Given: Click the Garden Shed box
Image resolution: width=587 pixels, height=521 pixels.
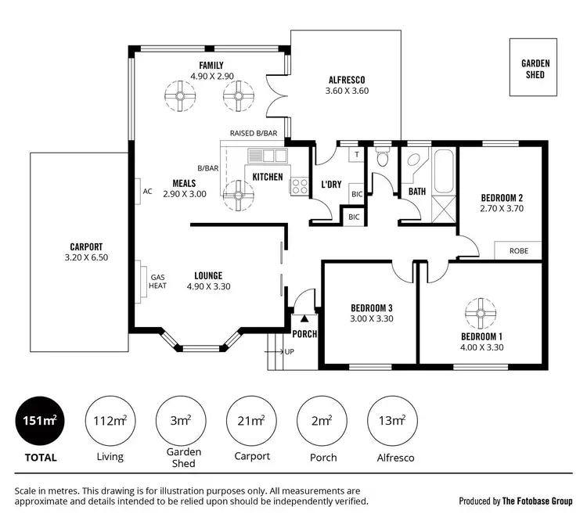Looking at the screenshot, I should click(x=535, y=69).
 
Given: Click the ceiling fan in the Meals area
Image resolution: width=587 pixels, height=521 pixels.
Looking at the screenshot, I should click(x=236, y=192).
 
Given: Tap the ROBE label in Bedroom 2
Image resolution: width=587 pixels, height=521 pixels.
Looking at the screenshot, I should click(x=518, y=252).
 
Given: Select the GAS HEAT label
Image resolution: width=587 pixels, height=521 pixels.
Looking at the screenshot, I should click(x=158, y=281).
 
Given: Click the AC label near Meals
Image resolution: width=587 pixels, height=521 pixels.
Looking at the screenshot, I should click(x=146, y=191).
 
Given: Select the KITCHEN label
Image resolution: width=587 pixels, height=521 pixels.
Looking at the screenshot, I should click(x=268, y=177).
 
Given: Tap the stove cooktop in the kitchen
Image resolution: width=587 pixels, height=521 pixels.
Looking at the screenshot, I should click(x=299, y=186).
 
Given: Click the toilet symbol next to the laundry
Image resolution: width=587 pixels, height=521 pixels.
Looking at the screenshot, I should click(x=381, y=159).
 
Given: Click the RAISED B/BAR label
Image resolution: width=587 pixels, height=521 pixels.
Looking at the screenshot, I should click(x=254, y=134).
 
